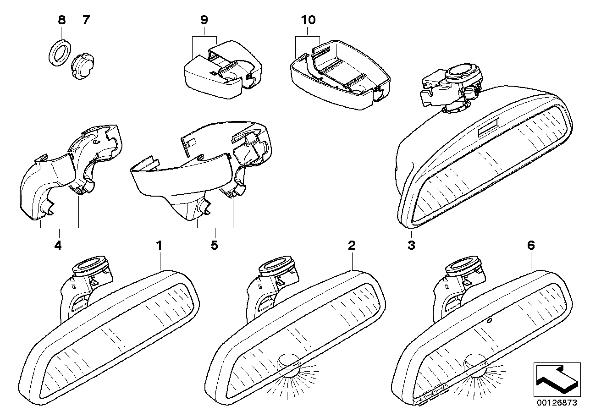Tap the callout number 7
[x=86, y=20]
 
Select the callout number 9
[x=204, y=20]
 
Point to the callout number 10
[x=309, y=20]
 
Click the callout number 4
[x=57, y=246]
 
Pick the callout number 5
[x=214, y=246]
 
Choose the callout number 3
[x=411, y=246]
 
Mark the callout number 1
[x=159, y=246]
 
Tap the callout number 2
[x=352, y=246]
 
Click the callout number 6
[x=531, y=246]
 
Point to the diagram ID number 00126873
[x=557, y=403]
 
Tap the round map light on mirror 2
[x=290, y=362]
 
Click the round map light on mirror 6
[x=475, y=362]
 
